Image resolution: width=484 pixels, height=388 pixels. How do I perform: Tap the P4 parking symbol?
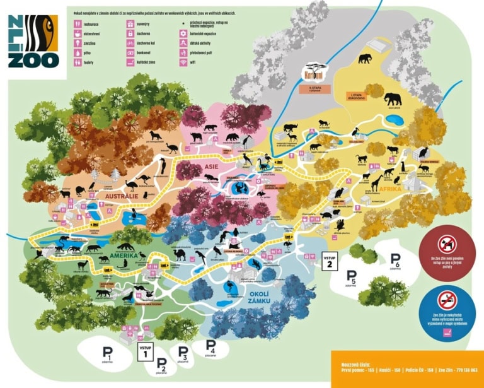(x=210, y=346)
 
